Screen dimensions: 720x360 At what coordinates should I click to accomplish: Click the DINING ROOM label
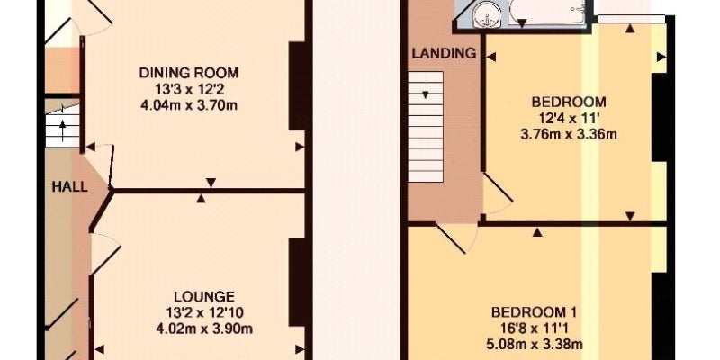pos(189,73)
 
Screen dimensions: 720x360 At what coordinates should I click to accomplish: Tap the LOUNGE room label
pos(204,296)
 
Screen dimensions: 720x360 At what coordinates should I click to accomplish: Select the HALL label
pos(69,187)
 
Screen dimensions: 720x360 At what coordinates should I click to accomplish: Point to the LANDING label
pos(444,53)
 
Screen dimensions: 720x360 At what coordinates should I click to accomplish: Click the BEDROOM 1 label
pos(534,312)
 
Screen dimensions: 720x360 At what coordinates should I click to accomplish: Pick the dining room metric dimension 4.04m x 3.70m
pos(189,105)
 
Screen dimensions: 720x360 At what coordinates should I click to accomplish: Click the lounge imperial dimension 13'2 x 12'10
pos(204,313)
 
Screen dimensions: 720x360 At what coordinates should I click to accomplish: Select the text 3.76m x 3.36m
pos(569,134)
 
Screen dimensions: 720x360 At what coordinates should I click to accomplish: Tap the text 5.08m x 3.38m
pos(535,344)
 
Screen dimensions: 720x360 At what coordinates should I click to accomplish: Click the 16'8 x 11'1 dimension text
pos(534,328)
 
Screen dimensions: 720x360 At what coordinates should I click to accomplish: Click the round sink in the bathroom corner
pos(486,14)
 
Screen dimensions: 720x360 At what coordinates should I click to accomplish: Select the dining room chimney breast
pos(298,86)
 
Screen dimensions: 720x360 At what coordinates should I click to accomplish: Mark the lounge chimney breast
pos(298,283)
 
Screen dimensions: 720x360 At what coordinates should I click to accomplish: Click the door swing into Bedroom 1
pos(457,238)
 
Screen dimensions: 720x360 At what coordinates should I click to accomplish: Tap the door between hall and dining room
pos(102,166)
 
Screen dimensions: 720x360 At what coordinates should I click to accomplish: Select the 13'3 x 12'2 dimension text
pos(189,89)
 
